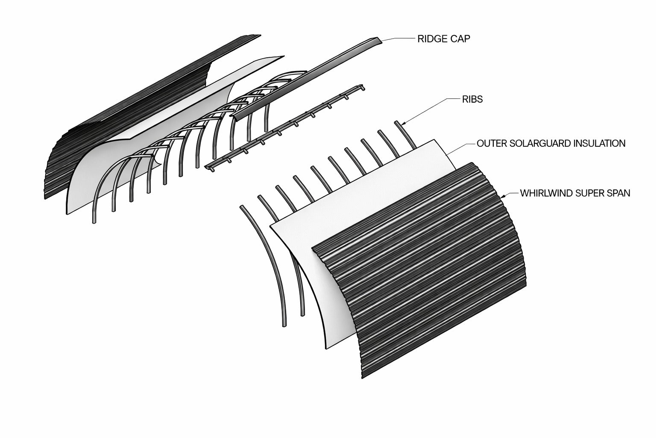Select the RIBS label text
pyautogui.click(x=472, y=100)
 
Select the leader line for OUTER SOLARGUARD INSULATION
pyautogui.click(x=460, y=148)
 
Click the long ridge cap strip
pyautogui.click(x=306, y=79)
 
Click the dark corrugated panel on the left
pyautogui.click(x=123, y=117)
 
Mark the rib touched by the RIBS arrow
pyautogui.click(x=406, y=135)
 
